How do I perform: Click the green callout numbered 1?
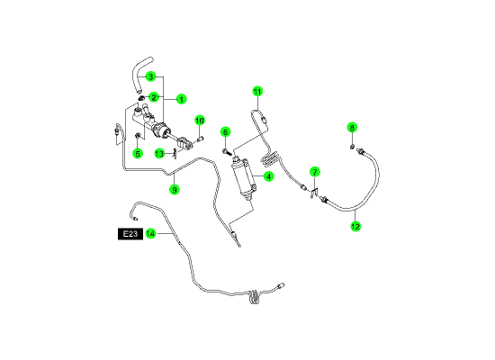coord(181,100)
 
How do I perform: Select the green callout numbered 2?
coord(154,97)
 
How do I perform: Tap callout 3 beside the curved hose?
coord(151,76)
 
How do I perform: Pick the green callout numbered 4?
coord(268,176)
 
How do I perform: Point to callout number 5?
coord(138,154)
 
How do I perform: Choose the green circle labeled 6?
coord(225,132)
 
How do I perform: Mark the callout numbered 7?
coord(315,172)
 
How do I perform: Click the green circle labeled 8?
coord(352,128)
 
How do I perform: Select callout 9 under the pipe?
coord(175,190)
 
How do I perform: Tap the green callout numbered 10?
coord(200,121)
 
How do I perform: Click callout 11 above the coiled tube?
coord(257,92)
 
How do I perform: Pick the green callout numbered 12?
coord(355,227)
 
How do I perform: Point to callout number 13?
coord(159,154)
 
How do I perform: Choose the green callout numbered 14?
coord(151,234)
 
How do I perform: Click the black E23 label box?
coord(130,234)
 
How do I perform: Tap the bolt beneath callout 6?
coord(228,151)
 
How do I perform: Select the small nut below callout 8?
coord(352,147)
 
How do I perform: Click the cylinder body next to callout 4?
coord(245,179)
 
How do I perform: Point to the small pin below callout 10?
coord(200,139)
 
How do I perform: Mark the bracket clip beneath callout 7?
coord(314,192)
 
